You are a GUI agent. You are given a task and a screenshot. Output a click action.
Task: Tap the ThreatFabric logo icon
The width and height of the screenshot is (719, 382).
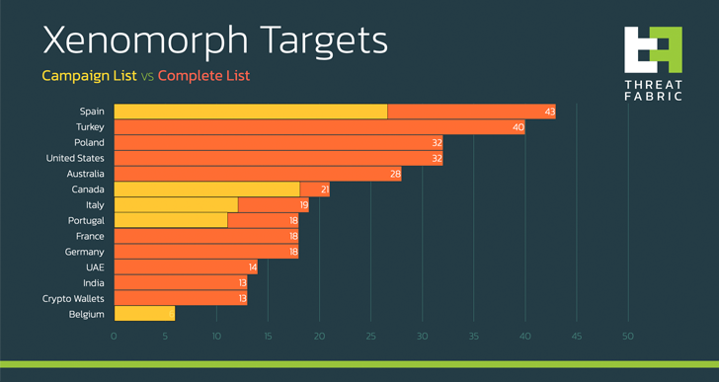coord(653,49)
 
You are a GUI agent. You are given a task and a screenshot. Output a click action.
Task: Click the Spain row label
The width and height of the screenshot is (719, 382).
coord(92,112)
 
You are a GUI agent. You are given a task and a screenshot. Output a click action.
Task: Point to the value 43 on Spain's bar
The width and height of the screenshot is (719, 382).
coord(549,112)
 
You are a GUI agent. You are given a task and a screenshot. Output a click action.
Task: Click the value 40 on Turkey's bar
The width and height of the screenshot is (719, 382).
coord(519,127)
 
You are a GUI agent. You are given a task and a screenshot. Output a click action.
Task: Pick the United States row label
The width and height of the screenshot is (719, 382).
coord(76,158)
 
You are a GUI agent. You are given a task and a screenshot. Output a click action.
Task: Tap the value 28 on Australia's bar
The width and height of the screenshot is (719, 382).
coord(395,174)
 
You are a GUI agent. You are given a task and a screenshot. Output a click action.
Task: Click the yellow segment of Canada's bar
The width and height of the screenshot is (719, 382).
coord(206,190)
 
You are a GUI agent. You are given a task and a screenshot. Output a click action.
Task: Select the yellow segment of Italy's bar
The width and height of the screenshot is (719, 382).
coord(176,204)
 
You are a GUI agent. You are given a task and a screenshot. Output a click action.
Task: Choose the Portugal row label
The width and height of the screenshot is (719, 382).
coord(86,220)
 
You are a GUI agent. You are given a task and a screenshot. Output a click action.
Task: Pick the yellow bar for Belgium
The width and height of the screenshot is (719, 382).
coord(144,314)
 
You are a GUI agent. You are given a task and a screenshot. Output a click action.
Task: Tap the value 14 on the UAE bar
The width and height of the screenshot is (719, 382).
coord(252,267)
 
